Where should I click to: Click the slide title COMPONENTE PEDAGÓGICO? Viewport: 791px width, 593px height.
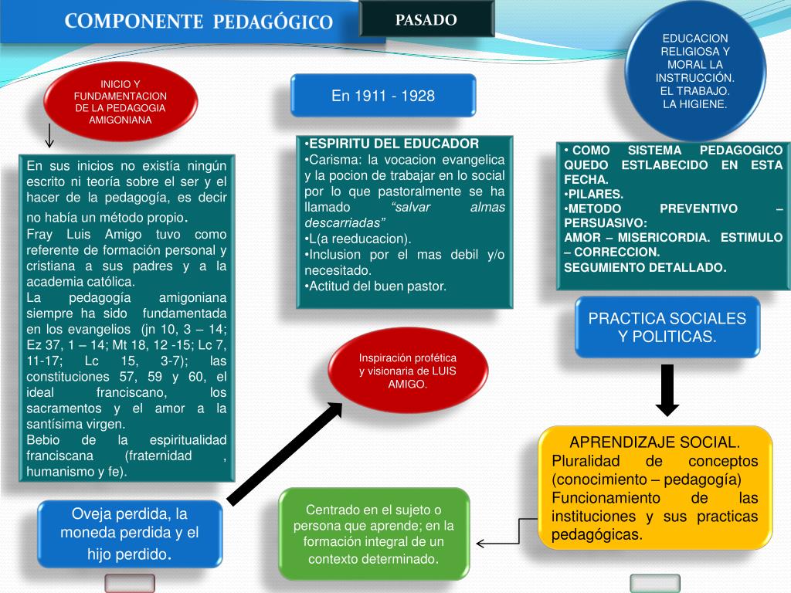click(x=199, y=22)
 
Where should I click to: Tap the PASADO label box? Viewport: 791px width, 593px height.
click(x=426, y=20)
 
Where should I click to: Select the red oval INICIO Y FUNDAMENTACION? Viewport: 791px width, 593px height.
click(x=120, y=101)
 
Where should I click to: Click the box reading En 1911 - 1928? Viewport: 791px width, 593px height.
click(x=383, y=96)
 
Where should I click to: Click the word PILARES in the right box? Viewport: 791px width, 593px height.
click(x=596, y=194)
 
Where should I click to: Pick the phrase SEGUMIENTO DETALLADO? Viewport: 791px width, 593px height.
click(x=644, y=267)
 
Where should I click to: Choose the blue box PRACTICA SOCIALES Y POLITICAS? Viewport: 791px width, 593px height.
click(x=667, y=327)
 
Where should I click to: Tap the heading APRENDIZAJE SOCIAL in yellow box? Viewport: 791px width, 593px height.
click(x=654, y=442)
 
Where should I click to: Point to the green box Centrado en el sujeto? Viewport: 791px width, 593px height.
click(x=374, y=534)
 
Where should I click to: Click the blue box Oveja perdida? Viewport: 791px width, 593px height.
click(x=130, y=534)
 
